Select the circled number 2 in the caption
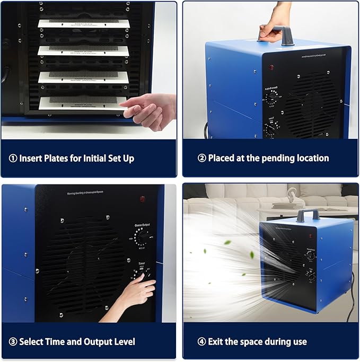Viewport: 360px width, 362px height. [x=201, y=158]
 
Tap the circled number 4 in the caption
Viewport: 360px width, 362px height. [x=201, y=342]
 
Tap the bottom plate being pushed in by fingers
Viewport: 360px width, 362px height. [x=80, y=102]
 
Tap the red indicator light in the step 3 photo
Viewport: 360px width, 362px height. [x=143, y=199]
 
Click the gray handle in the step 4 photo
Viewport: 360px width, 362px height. [x=308, y=214]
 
